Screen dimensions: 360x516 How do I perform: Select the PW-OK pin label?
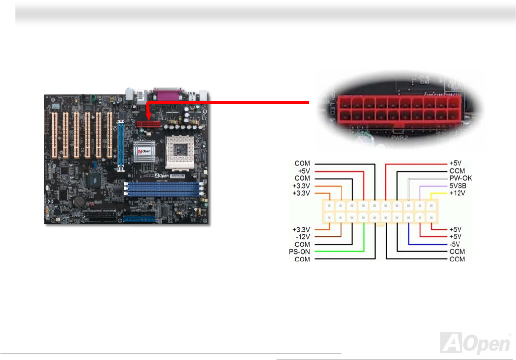[460, 178]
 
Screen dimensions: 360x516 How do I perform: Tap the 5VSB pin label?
[458, 186]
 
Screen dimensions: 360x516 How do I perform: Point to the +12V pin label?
[457, 193]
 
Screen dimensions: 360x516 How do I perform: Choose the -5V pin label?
[455, 244]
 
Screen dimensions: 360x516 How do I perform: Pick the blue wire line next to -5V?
[427, 244]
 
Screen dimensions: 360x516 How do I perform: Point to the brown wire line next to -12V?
[327, 236]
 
